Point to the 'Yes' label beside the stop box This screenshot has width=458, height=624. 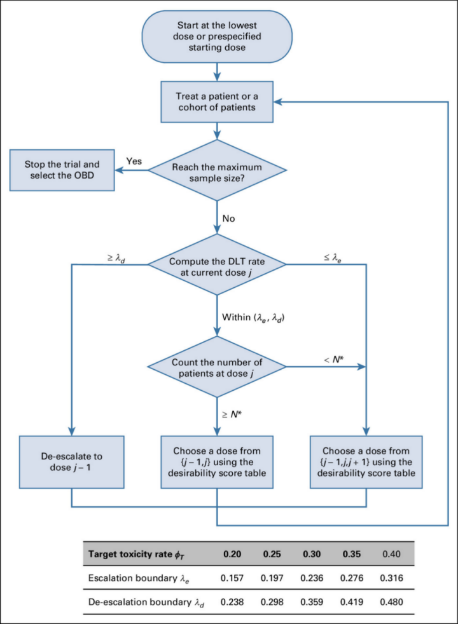point(134,161)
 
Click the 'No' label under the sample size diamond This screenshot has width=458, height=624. point(229,218)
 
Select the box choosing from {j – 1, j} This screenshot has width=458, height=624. point(217,461)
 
